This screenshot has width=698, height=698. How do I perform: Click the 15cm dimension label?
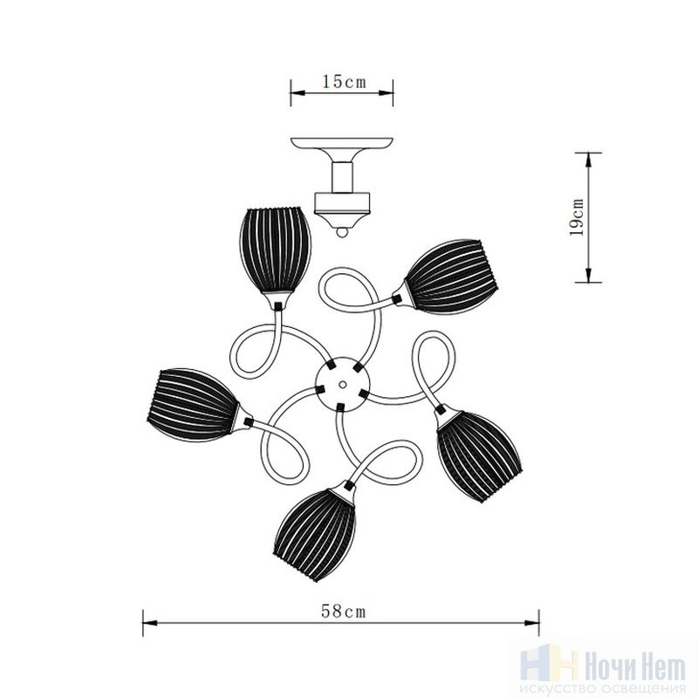(344, 82)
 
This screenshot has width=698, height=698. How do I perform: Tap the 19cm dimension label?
(578, 216)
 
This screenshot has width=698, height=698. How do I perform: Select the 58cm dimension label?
(343, 612)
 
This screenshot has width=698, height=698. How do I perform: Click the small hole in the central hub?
(342, 384)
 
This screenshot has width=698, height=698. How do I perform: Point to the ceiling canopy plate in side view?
(342, 144)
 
